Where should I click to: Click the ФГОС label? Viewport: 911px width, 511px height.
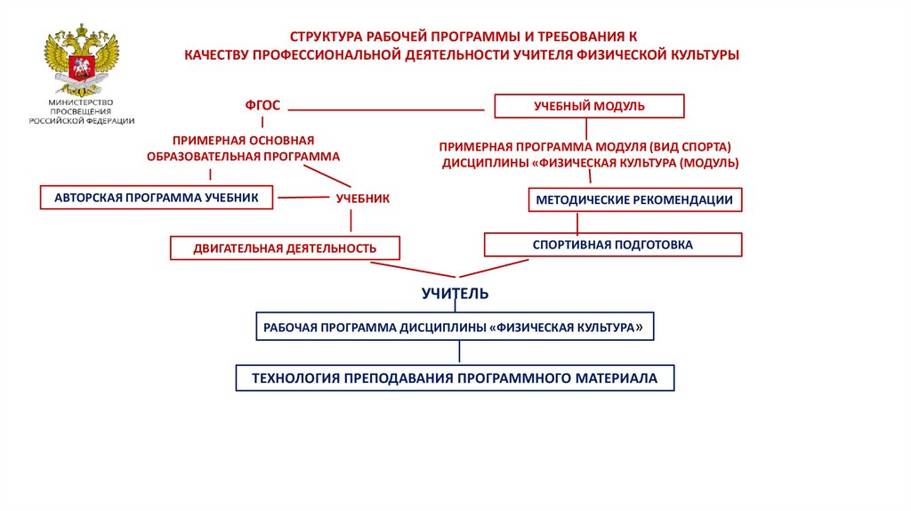coord(262,106)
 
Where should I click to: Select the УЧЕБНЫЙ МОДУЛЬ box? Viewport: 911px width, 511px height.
coord(589,107)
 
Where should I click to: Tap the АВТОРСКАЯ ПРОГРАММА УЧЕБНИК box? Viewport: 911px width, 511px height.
coord(156,198)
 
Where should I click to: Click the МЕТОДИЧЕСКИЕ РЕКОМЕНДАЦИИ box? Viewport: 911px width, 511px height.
coord(634,200)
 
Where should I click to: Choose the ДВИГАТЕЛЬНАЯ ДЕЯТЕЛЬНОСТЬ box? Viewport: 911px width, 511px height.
coord(285,247)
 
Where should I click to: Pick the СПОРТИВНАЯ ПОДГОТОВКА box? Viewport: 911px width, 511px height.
coord(612,244)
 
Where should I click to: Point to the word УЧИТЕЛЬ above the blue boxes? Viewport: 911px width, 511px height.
coord(455,293)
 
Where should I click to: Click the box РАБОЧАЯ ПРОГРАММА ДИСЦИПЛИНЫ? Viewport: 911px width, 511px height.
coord(455,328)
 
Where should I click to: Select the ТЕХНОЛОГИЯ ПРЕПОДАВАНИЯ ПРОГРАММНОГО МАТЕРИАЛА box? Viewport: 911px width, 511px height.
coord(455,378)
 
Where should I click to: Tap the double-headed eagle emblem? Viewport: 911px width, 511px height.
coord(82,63)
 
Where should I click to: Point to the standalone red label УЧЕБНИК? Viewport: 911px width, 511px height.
coord(362,199)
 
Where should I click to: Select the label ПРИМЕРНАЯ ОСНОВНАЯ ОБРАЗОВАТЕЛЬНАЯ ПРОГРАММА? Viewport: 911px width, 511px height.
coord(244,148)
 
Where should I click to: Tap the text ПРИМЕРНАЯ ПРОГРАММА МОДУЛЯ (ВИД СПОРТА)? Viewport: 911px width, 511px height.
coord(585,146)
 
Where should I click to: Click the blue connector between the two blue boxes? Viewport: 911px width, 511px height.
coord(459,353)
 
